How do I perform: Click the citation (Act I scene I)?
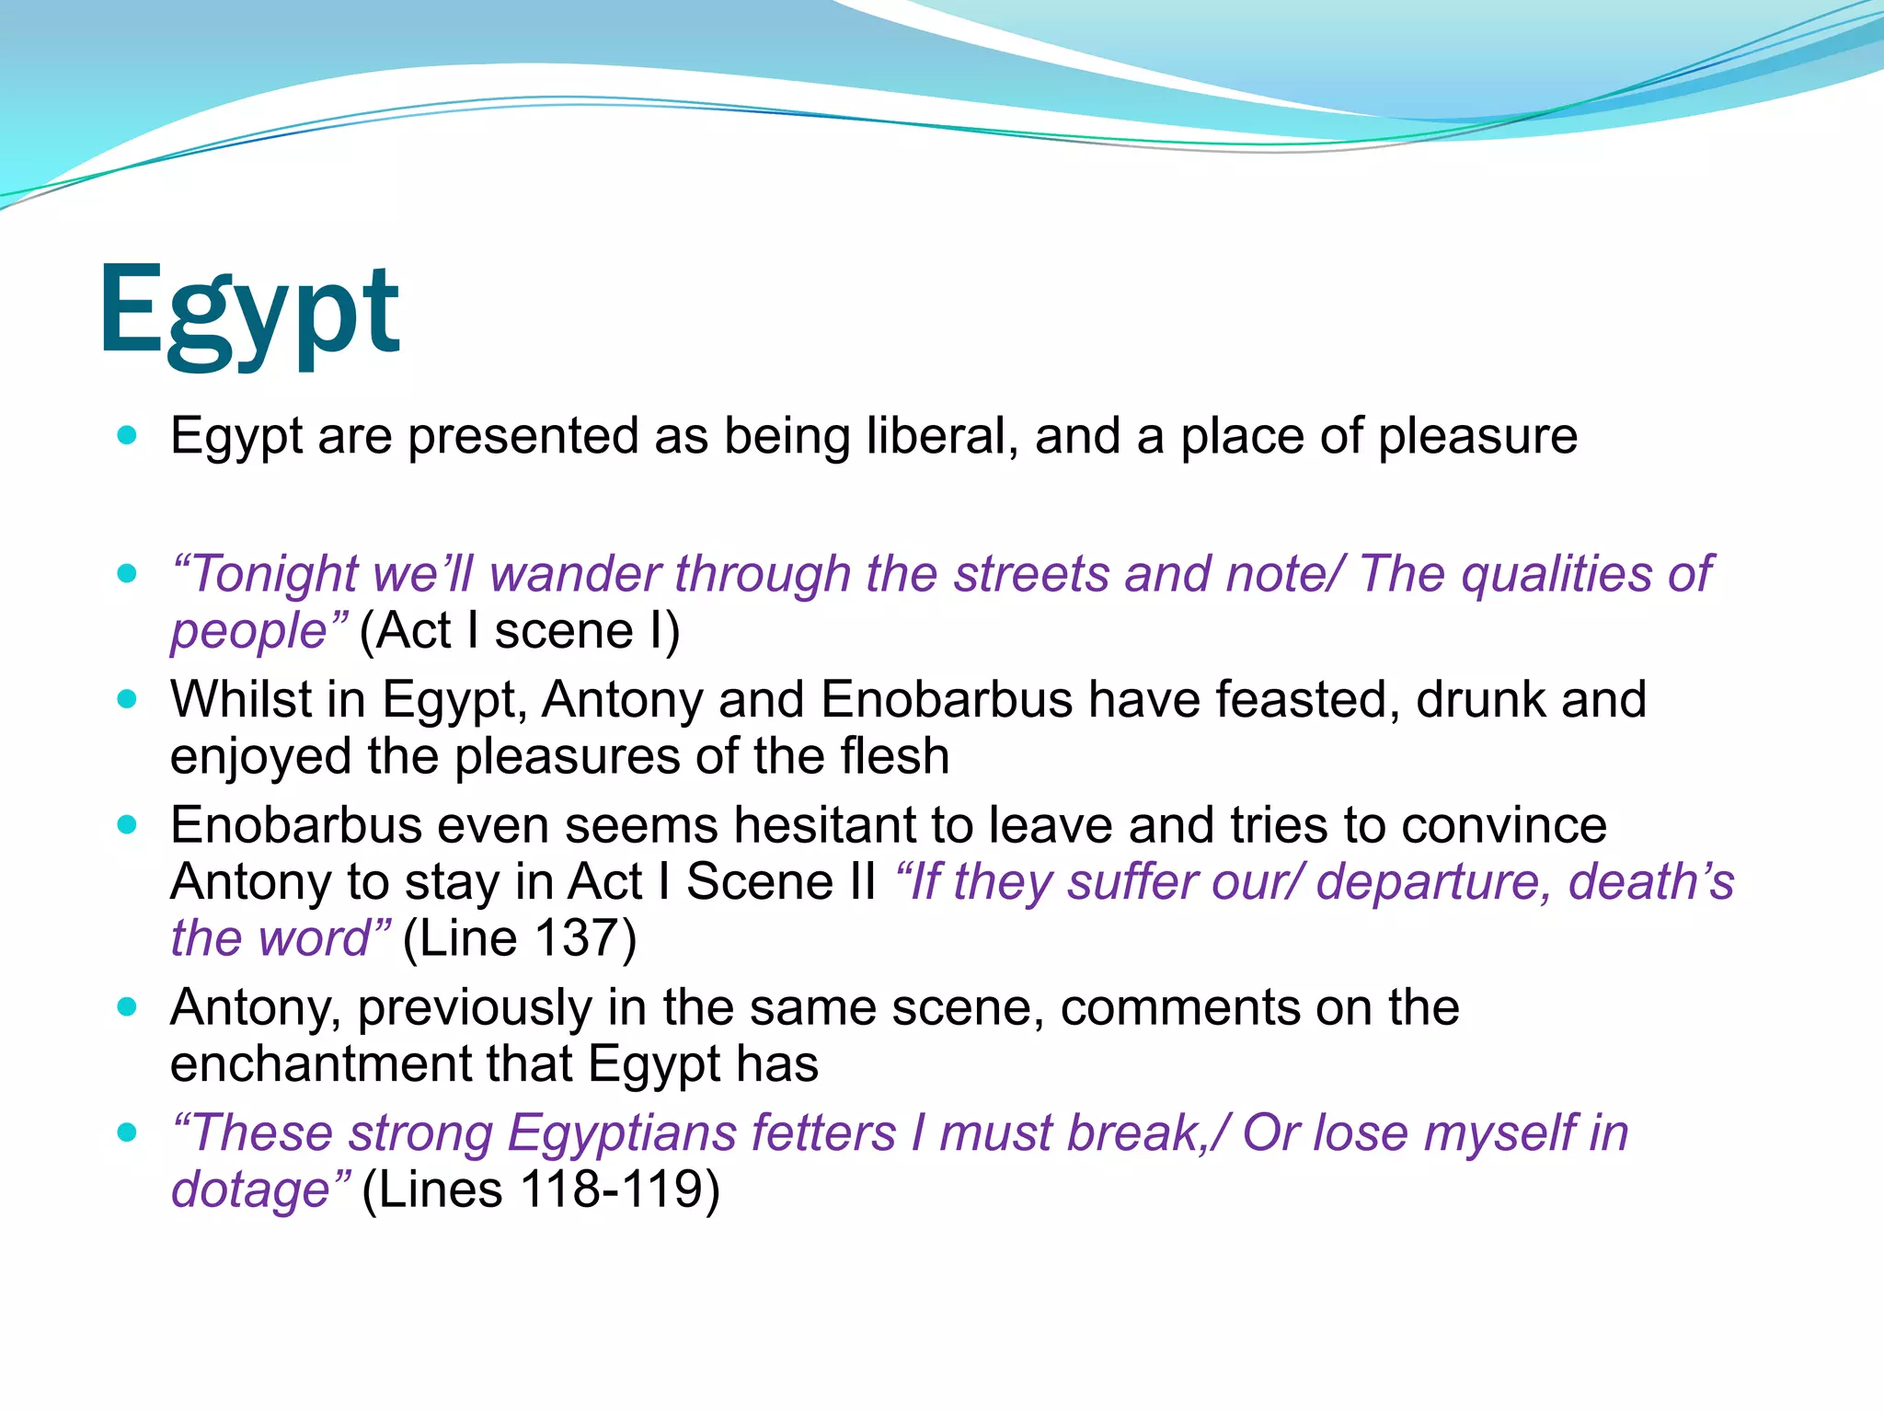(x=520, y=631)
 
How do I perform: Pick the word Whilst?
(x=241, y=699)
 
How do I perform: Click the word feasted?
(x=1307, y=699)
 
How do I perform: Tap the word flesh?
(x=894, y=756)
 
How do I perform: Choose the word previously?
(x=475, y=1007)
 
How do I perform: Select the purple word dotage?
(x=250, y=1189)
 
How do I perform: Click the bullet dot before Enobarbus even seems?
(x=128, y=825)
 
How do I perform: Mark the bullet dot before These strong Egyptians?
(x=128, y=1132)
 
